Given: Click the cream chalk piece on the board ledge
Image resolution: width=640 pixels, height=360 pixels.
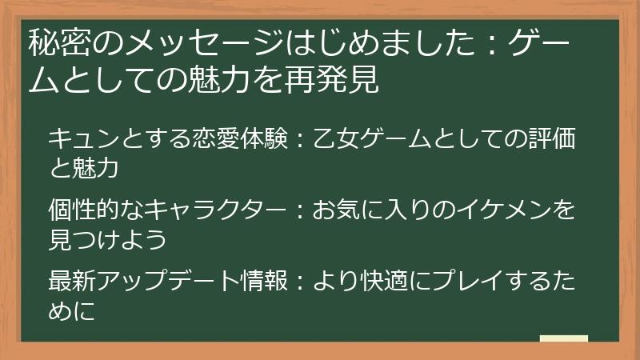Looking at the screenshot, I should coord(563,339).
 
